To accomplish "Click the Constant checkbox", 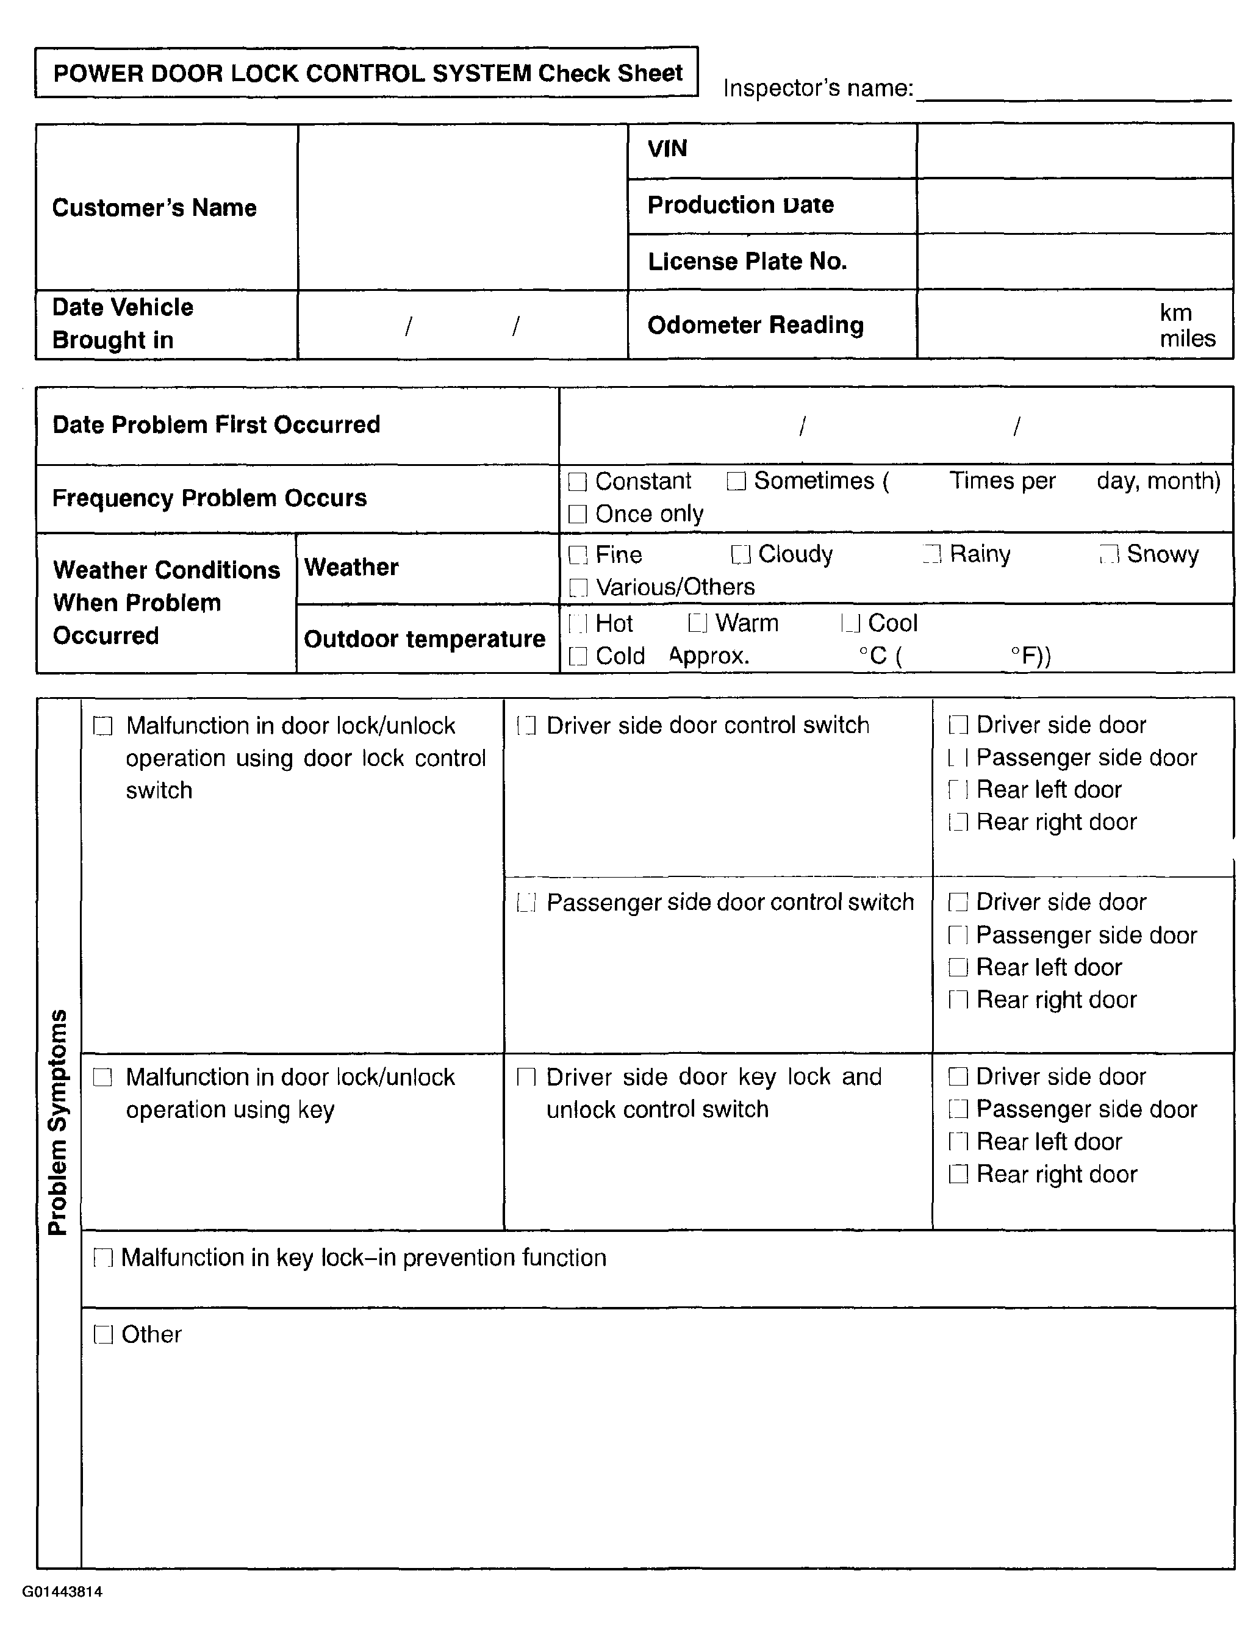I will [577, 482].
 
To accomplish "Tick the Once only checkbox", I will [577, 514].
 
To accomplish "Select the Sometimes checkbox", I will [736, 481].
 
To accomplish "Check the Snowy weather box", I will [1108, 554].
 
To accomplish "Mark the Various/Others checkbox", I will [578, 587].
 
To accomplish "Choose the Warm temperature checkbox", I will [697, 623].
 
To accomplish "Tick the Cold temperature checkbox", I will [578, 656].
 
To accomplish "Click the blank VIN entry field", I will [1075, 151].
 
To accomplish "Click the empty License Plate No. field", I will [1075, 262].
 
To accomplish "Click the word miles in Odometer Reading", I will [1187, 338].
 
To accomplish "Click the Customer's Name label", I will [154, 207].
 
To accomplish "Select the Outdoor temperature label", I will [424, 639].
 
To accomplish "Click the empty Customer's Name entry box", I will [462, 207].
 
